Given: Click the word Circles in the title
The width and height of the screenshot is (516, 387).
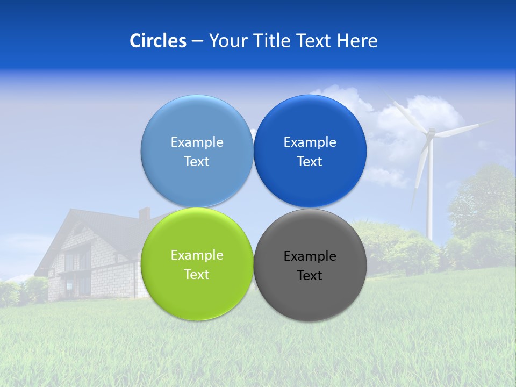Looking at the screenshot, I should [x=157, y=41].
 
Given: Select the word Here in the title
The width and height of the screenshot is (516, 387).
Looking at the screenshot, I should [x=357, y=41].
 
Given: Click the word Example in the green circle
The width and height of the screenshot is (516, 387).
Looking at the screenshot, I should [x=197, y=255].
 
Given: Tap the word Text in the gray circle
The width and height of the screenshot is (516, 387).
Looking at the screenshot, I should [x=310, y=276].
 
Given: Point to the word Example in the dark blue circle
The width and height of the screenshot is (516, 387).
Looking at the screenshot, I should [x=310, y=142].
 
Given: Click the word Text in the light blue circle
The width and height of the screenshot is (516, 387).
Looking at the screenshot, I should [x=197, y=162].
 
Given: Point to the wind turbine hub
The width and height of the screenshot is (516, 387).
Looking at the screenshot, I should [x=430, y=132].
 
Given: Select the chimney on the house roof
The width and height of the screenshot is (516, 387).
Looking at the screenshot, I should [x=144, y=213].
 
